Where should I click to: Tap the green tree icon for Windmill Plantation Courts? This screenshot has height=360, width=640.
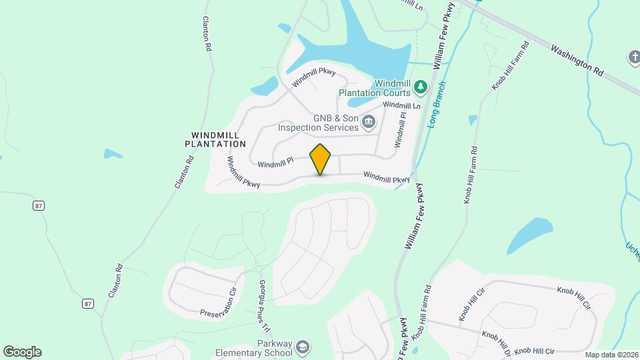click(421, 86)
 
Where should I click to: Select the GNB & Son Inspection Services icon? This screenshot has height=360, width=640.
click(369, 121)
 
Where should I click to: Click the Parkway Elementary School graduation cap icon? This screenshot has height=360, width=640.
click(303, 347)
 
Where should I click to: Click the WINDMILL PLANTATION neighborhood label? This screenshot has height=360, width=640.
click(215, 139)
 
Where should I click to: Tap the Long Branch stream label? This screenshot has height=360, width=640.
click(436, 105)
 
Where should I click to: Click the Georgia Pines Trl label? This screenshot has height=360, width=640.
click(263, 306)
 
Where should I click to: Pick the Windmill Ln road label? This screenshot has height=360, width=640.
click(401, 105)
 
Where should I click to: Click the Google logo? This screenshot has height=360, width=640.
click(22, 352)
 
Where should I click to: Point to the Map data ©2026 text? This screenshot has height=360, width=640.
click(611, 355)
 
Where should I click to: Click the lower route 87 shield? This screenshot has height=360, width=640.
click(88, 303)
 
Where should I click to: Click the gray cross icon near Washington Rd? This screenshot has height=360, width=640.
click(633, 58)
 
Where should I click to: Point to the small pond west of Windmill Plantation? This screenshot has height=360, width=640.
click(113, 154)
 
